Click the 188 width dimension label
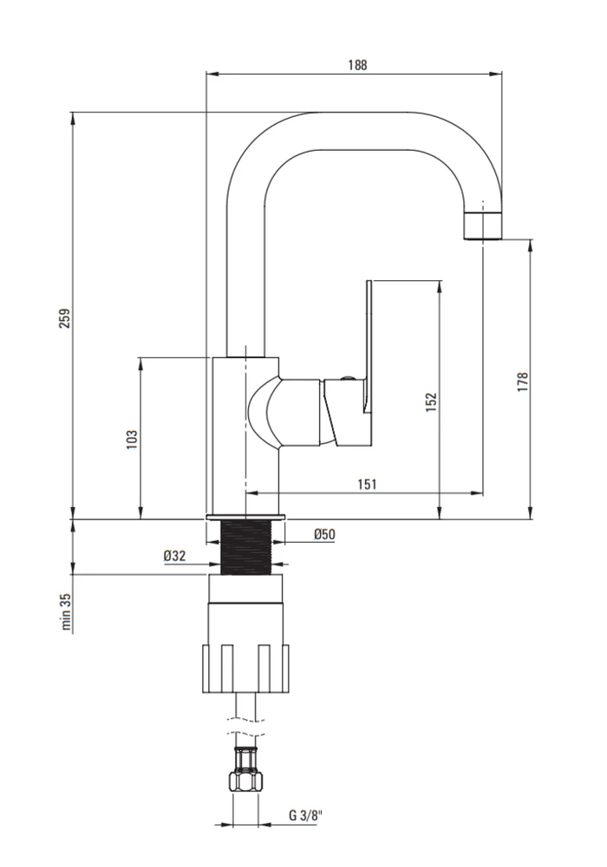[357, 65]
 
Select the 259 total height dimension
[65, 318]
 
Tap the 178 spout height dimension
[523, 382]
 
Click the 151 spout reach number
[367, 485]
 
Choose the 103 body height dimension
[132, 439]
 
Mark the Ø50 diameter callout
[324, 534]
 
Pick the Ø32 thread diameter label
[174, 556]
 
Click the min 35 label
[67, 612]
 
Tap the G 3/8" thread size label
[305, 815]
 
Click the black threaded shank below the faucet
[246, 547]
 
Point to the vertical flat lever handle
[369, 346]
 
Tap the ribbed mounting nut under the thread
[246, 668]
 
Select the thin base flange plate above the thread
[246, 518]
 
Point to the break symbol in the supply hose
[245, 726]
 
